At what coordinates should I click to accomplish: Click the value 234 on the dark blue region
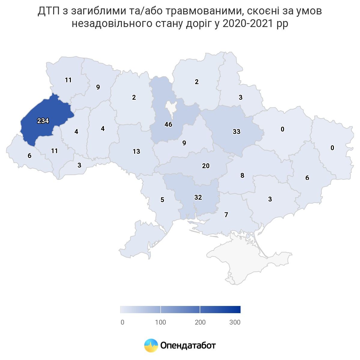(x=43, y=121)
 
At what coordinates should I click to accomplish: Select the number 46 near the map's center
(x=168, y=124)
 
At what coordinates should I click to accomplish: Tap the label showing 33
(x=237, y=132)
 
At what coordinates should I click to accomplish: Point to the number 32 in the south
(x=198, y=197)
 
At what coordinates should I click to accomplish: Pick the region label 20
(x=206, y=166)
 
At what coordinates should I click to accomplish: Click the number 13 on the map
(x=136, y=151)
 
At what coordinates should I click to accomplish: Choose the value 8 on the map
(x=242, y=176)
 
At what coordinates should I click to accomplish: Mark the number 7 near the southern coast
(x=226, y=215)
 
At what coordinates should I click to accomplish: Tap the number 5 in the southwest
(x=162, y=200)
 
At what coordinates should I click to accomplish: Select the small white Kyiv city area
(x=171, y=109)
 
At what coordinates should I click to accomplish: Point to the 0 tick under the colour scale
(x=122, y=322)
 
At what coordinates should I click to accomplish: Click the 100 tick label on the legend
(x=160, y=322)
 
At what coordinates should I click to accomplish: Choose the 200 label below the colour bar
(x=200, y=322)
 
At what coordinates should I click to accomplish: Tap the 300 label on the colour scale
(x=235, y=322)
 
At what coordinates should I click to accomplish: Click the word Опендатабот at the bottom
(x=188, y=345)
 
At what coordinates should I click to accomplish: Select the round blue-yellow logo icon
(x=151, y=345)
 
